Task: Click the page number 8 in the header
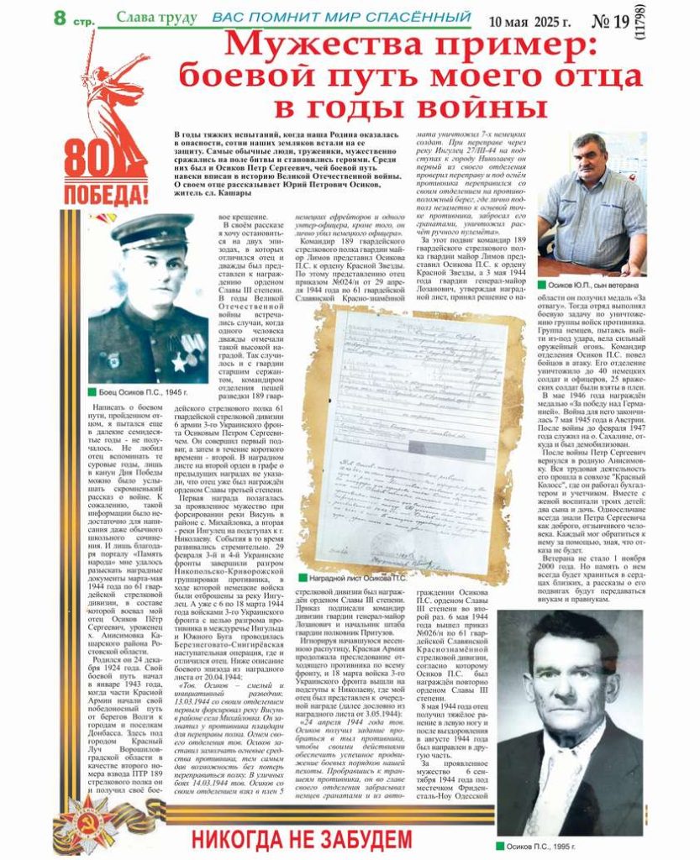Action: pos(60,16)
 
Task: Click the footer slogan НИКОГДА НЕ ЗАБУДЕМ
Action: pos(303,838)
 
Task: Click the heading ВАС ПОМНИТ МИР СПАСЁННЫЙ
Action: pos(340,17)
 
